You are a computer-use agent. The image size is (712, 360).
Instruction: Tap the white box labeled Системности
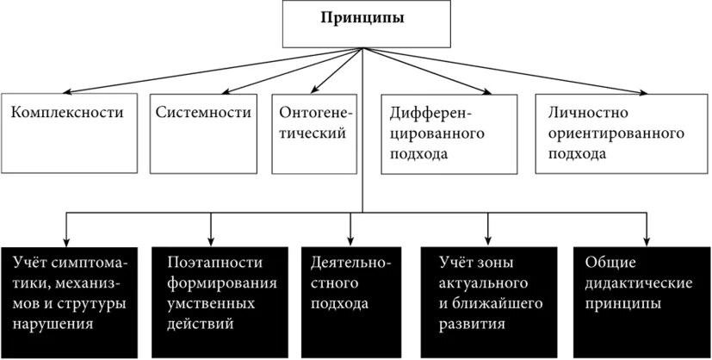point(204,133)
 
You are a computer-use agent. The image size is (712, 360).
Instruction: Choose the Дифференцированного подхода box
point(449,134)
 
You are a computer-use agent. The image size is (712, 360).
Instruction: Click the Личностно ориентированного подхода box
point(615,134)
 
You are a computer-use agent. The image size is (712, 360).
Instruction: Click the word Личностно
point(576,113)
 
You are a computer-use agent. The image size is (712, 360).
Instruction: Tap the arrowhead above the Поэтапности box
point(212,242)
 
